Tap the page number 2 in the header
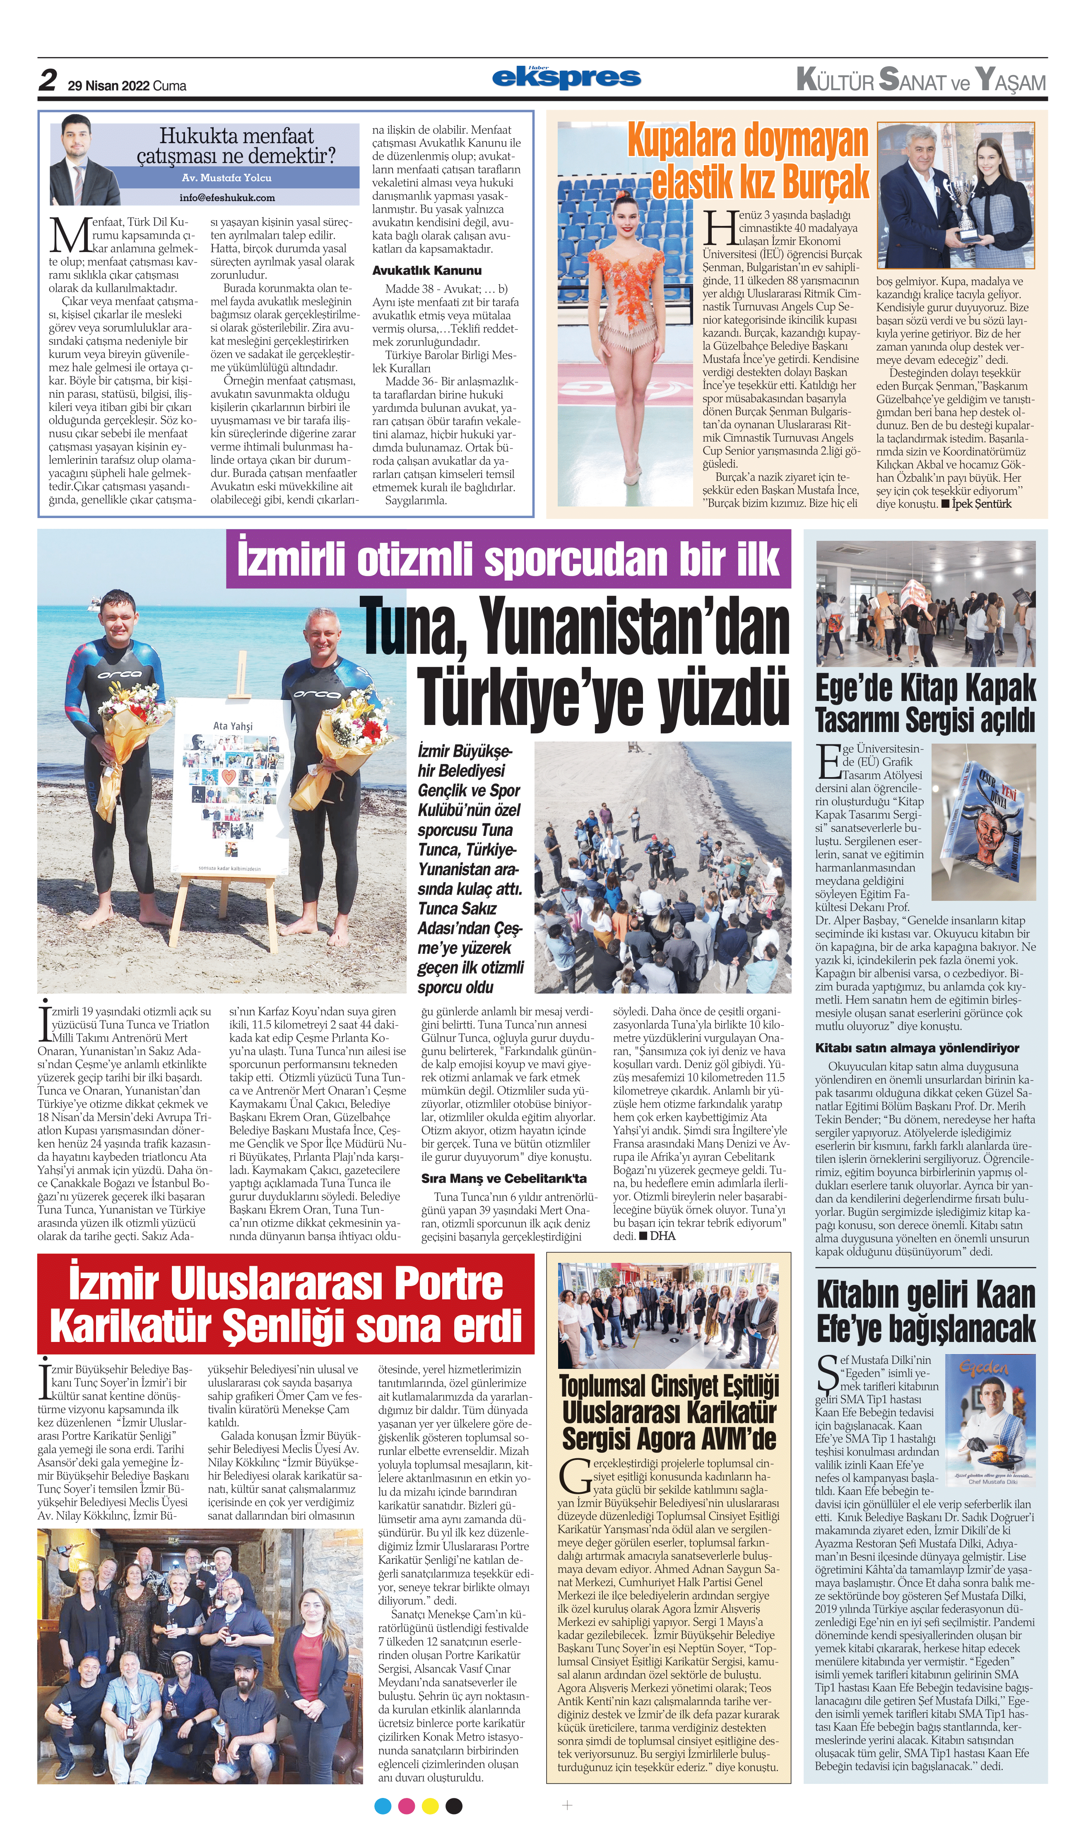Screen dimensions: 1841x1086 [x=48, y=80]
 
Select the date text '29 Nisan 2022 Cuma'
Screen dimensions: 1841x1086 [x=127, y=86]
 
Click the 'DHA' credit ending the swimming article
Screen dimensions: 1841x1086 [x=662, y=1236]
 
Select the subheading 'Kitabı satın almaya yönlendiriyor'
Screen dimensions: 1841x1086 [x=916, y=1047]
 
